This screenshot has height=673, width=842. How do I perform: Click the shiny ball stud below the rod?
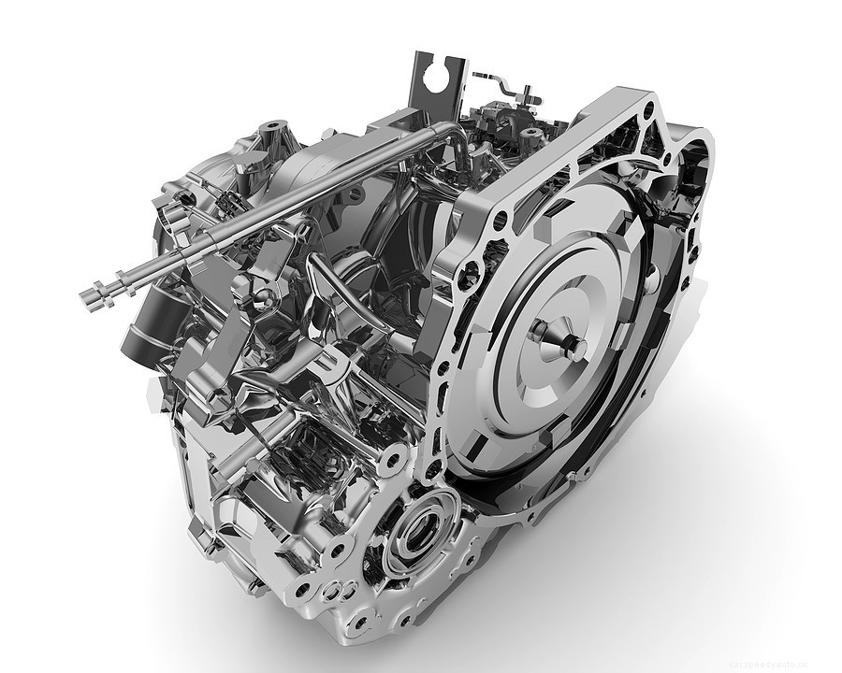[264, 297]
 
